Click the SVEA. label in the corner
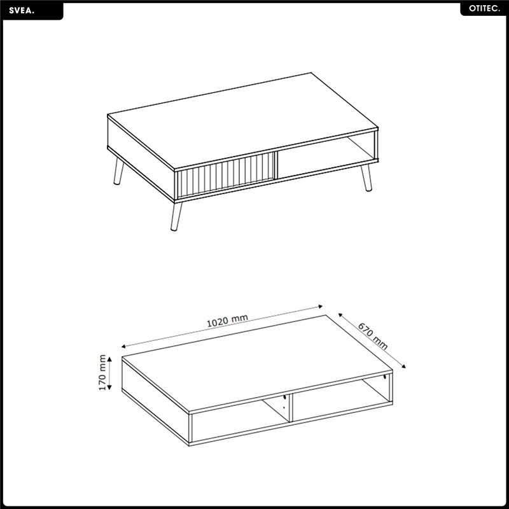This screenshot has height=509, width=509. [22, 11]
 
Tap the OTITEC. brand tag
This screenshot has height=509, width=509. [484, 9]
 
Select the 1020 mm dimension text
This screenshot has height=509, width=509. [227, 321]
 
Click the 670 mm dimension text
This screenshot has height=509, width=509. [373, 336]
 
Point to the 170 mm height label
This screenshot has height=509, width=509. [102, 372]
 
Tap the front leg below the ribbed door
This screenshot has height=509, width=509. [176, 216]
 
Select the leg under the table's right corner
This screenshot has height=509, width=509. [366, 178]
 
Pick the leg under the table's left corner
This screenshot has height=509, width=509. [118, 171]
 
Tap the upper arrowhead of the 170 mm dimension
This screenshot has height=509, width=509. [109, 359]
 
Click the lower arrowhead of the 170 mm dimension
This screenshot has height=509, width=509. [109, 387]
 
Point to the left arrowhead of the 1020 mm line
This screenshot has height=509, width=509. [123, 347]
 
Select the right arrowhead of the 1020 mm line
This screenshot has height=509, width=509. [320, 306]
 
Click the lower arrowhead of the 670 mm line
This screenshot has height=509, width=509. [403, 366]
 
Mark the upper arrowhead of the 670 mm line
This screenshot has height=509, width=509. [340, 315]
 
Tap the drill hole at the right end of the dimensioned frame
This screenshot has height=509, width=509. [385, 377]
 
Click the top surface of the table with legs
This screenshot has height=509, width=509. [242, 121]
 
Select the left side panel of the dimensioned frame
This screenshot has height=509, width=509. [155, 401]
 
